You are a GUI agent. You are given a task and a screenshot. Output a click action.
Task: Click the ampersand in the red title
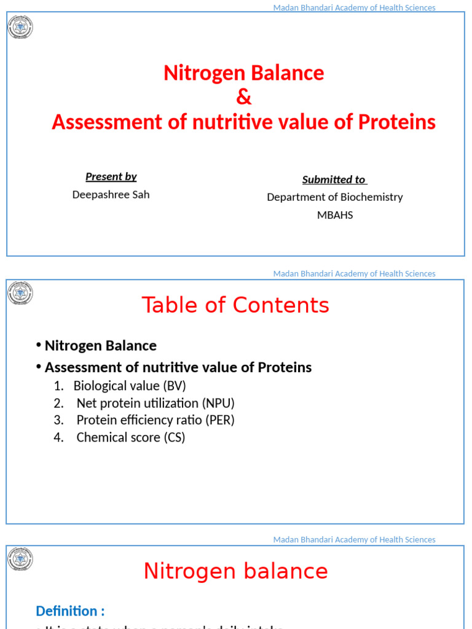[244, 98]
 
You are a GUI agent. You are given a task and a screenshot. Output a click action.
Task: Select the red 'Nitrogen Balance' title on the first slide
[244, 73]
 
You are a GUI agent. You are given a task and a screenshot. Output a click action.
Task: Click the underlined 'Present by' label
[111, 177]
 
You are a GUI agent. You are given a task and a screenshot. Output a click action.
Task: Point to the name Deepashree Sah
[111, 195]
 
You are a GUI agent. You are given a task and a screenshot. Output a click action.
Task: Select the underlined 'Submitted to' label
[334, 179]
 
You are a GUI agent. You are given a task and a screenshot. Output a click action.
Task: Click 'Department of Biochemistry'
[335, 197]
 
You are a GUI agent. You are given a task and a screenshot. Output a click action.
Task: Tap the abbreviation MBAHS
[335, 215]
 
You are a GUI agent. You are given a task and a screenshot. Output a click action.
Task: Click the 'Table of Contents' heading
[235, 305]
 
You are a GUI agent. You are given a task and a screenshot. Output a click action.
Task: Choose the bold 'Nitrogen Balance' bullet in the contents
[100, 346]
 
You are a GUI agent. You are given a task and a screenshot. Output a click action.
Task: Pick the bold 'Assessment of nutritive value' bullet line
[178, 367]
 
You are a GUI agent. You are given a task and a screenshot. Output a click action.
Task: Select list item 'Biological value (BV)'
[129, 386]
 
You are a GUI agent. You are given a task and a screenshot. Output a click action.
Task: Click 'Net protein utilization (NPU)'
[155, 403]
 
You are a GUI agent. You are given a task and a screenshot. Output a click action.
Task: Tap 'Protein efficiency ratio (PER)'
[155, 420]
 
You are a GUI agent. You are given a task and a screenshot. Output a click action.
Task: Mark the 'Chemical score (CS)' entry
[130, 437]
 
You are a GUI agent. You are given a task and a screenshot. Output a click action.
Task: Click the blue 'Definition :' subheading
[70, 611]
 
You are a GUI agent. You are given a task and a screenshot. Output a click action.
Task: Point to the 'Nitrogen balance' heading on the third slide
[235, 571]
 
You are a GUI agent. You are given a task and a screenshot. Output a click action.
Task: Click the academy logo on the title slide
[20, 27]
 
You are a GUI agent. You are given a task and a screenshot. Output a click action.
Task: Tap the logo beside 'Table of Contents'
[20, 293]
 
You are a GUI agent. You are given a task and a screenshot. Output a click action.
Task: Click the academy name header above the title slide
[354, 8]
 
